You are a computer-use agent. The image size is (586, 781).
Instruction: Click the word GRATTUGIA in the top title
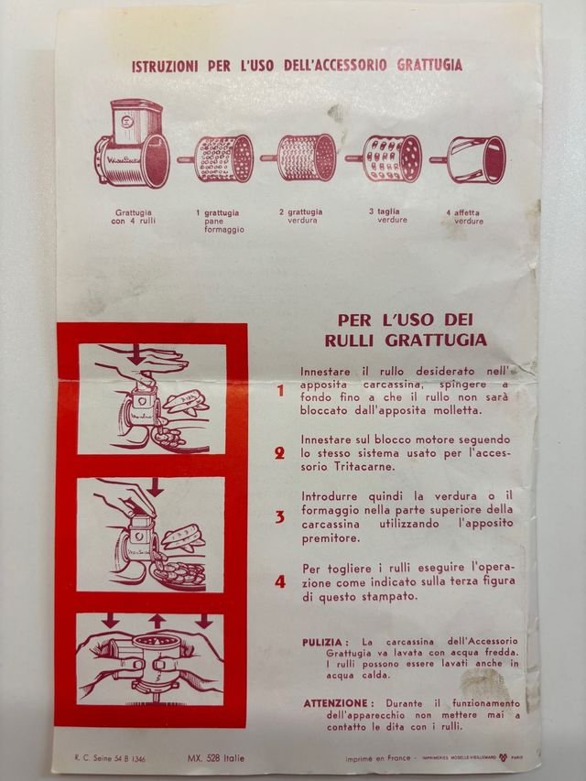point(429,65)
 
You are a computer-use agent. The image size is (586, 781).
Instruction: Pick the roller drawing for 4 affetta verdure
point(471,158)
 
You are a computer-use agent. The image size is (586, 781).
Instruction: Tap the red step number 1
point(280,390)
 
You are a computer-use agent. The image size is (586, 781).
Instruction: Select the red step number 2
point(280,453)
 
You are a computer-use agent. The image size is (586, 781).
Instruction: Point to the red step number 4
point(280,581)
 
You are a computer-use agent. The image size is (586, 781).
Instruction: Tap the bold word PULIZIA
point(324,642)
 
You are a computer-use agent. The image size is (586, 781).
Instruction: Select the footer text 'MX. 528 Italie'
point(219,758)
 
